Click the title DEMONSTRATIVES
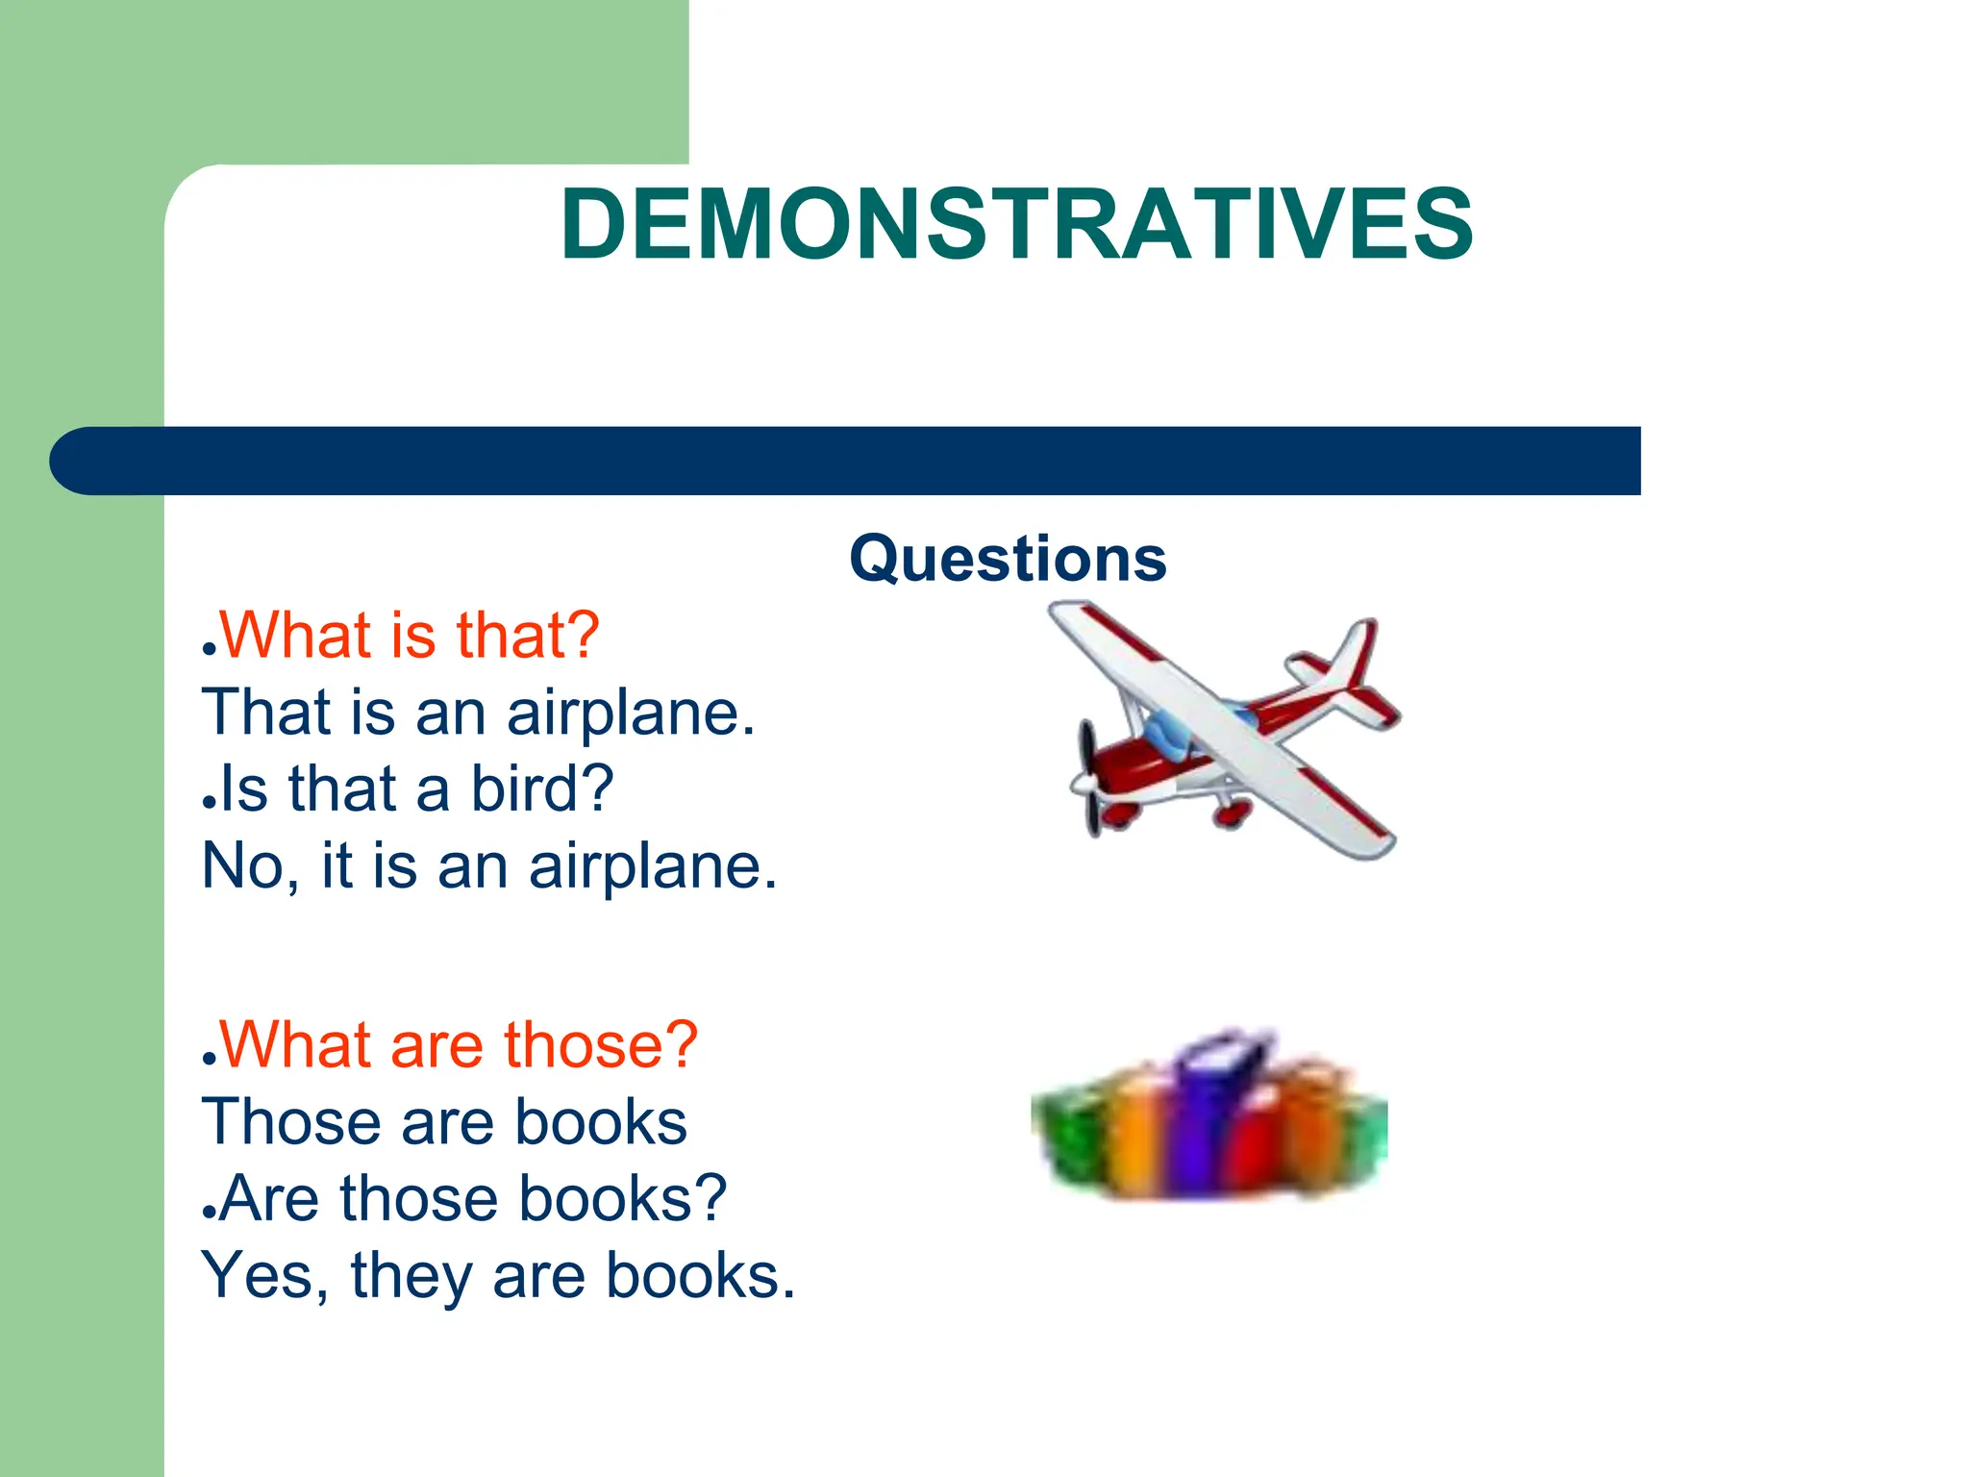coord(1016,225)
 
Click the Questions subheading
coord(1008,559)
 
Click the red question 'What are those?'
coord(459,1045)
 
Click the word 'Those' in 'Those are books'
coord(291,1122)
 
